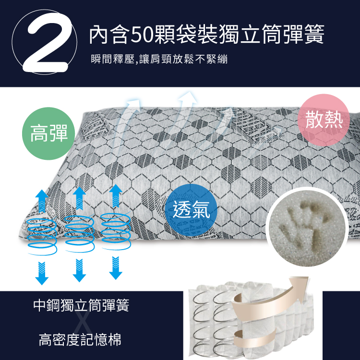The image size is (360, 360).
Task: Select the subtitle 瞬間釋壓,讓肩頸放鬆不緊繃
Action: tap(159, 60)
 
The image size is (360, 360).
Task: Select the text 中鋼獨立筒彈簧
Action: tap(81, 305)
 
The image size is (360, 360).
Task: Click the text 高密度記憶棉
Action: tap(80, 341)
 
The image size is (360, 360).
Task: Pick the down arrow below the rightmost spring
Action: tap(115, 268)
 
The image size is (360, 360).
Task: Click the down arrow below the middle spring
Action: tap(79, 270)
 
